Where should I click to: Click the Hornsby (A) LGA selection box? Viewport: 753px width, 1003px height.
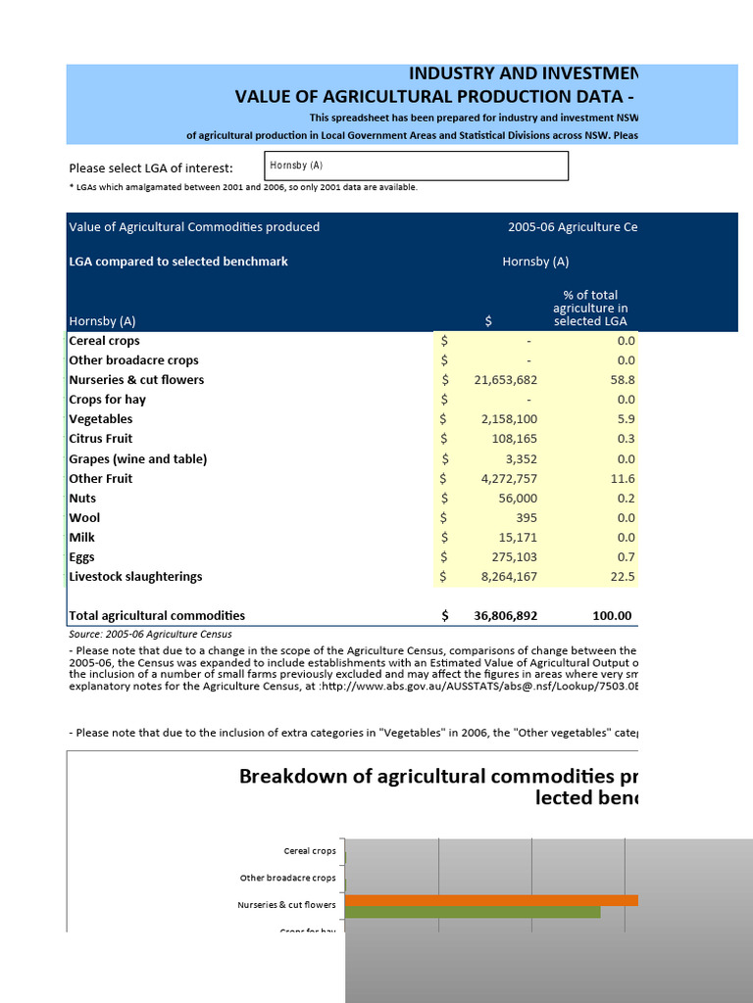pyautogui.click(x=416, y=167)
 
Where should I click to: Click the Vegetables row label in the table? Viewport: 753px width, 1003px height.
pyautogui.click(x=101, y=419)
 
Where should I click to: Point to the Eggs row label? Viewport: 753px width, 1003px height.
pyautogui.click(x=82, y=557)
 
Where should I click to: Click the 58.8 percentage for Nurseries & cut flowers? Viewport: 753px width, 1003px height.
pyautogui.click(x=626, y=380)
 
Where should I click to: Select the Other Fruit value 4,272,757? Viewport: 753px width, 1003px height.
pyautogui.click(x=501, y=479)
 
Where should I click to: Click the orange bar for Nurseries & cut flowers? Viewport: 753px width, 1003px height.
pyautogui.click(x=491, y=900)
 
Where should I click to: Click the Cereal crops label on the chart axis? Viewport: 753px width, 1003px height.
pyautogui.click(x=309, y=851)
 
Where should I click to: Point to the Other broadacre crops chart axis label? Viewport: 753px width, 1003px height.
pyautogui.click(x=287, y=879)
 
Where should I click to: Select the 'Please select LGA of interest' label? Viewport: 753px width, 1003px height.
pyautogui.click(x=151, y=167)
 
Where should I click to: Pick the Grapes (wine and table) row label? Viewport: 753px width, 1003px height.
pyautogui.click(x=138, y=459)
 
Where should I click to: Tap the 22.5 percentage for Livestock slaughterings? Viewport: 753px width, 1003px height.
pyautogui.click(x=626, y=577)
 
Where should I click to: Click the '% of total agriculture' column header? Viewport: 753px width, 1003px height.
pyautogui.click(x=590, y=308)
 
